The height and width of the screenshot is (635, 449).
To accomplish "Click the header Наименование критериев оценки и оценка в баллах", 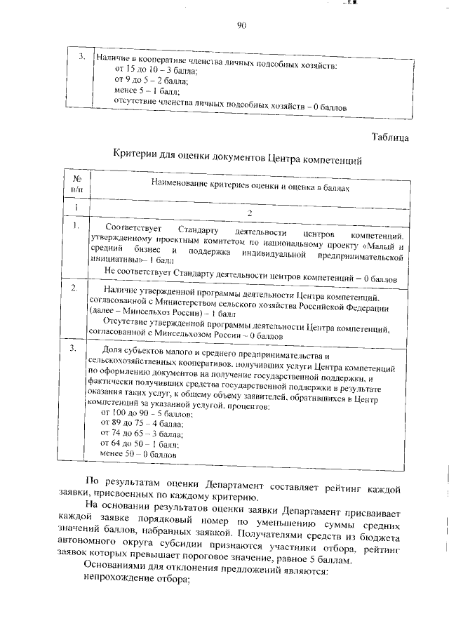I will [250, 187].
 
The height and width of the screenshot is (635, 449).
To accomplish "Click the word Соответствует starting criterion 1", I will [132, 229].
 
